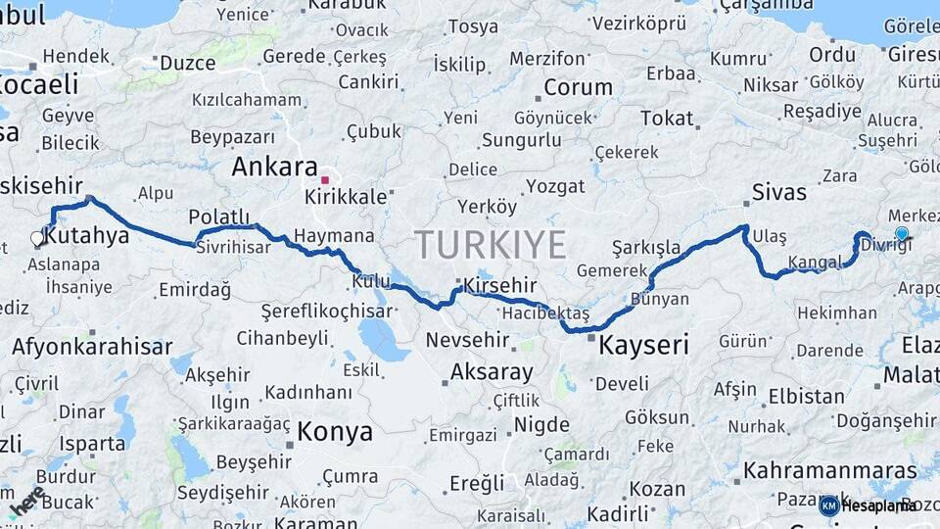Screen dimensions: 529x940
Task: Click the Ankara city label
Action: pos(274,167)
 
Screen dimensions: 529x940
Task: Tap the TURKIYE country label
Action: pos(490,244)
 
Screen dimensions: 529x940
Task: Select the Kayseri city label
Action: pos(643,345)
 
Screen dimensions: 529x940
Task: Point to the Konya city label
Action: pos(335,431)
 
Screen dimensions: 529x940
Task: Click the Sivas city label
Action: pos(779,191)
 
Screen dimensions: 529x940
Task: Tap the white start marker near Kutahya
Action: pos(37,237)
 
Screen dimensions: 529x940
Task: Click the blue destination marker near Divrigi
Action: pos(902,234)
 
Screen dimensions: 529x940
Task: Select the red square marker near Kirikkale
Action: pos(325,180)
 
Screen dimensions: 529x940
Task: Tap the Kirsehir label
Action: pos(501,284)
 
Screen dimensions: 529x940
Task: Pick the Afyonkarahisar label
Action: pos(92,346)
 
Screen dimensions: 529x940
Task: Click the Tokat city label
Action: pos(667,119)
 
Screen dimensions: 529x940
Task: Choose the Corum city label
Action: pos(578,87)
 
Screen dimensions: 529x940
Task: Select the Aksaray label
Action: pos(492,372)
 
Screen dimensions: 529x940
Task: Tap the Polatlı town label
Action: pos(219,216)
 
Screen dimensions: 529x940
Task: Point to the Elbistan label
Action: pos(806,397)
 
